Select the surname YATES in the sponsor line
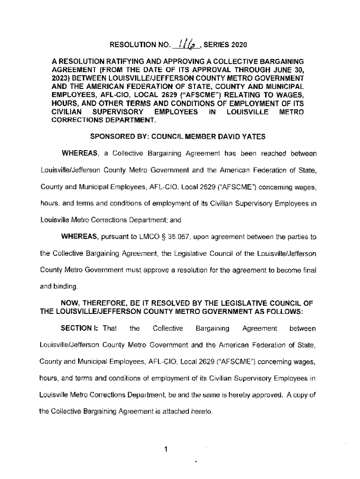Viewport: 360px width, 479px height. tap(254, 137)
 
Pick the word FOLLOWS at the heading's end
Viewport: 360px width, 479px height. tap(285, 311)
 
